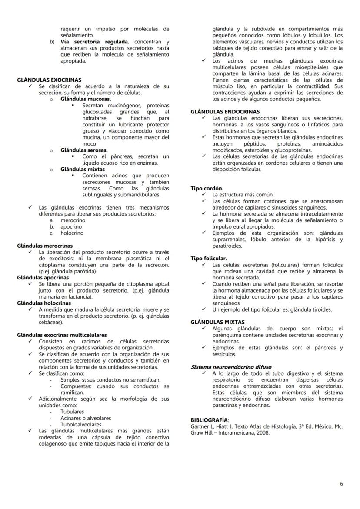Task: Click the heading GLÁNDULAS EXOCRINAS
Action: click(x=49, y=80)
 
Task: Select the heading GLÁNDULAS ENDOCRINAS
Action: click(x=225, y=112)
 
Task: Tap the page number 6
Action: click(x=341, y=484)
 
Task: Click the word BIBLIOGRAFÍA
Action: click(x=209, y=420)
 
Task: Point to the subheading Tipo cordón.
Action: click(x=207, y=188)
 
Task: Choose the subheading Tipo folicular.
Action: click(x=209, y=258)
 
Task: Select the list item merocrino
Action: click(x=73, y=220)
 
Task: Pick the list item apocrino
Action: click(x=71, y=226)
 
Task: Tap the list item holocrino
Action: click(x=72, y=233)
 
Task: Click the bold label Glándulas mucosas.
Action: click(x=86, y=99)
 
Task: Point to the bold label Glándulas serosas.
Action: click(x=84, y=150)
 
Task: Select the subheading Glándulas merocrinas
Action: click(x=45, y=246)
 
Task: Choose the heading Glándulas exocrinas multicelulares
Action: click(x=62, y=335)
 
